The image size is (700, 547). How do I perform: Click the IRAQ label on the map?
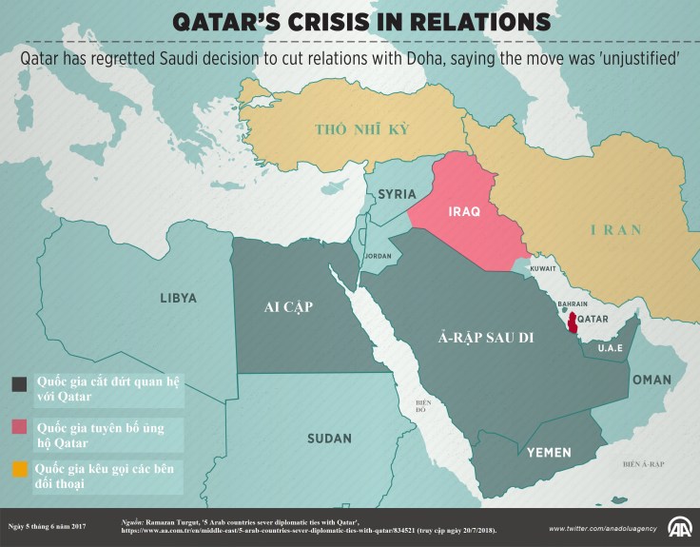pyautogui.click(x=457, y=212)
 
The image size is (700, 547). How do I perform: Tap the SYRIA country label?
pyautogui.click(x=397, y=194)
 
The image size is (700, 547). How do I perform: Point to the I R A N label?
pyautogui.click(x=615, y=230)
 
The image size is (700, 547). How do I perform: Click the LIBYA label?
pyautogui.click(x=178, y=298)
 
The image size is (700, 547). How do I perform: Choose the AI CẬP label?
pyautogui.click(x=288, y=306)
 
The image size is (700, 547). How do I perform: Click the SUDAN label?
pyautogui.click(x=329, y=439)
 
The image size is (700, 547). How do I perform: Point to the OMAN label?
pyautogui.click(x=651, y=380)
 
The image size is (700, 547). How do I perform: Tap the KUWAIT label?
pyautogui.click(x=543, y=269)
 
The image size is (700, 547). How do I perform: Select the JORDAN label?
pyautogui.click(x=378, y=256)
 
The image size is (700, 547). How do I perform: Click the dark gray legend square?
pyautogui.click(x=19, y=383)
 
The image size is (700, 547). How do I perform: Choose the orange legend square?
pyautogui.click(x=19, y=469)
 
